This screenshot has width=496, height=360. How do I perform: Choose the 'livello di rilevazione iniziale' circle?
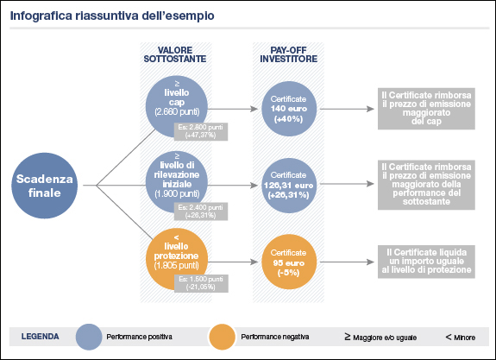177,177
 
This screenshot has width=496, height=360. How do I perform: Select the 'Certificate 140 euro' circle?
289,109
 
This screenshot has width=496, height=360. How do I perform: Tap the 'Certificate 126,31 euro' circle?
289,185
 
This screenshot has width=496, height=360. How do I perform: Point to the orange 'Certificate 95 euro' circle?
289,259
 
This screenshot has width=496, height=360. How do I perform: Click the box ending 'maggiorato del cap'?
426,108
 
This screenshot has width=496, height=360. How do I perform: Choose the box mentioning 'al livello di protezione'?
426,259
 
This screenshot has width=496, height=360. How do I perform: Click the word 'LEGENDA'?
40,335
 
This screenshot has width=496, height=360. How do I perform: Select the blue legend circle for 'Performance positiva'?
90,335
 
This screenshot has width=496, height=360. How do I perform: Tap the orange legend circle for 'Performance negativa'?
222,335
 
